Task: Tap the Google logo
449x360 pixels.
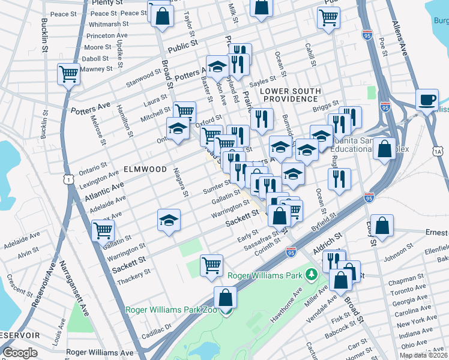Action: [20, 353]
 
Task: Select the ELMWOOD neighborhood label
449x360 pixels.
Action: [146, 170]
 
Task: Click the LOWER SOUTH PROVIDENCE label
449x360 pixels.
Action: [289, 94]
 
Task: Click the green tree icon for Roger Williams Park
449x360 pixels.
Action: [310, 275]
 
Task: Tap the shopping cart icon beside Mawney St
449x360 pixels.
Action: [69, 75]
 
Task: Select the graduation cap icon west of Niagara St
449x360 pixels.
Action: [169, 220]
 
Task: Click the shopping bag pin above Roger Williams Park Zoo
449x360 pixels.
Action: [225, 297]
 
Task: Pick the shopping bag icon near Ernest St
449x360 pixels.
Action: [382, 226]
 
